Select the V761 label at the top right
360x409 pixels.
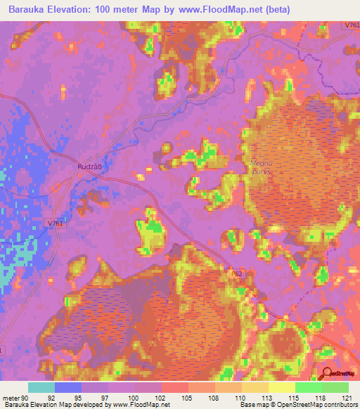click(352, 25)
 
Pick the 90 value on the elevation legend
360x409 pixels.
click(25, 397)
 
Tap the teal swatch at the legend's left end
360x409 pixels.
click(41, 387)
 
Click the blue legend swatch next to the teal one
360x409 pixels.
click(68, 387)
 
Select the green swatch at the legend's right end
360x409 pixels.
click(335, 387)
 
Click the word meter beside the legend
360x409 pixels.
click(11, 397)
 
